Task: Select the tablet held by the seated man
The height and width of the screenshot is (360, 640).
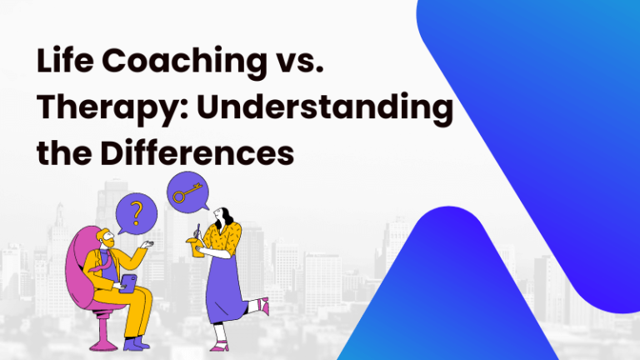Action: coord(127,284)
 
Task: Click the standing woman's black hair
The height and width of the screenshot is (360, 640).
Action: coord(219,217)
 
